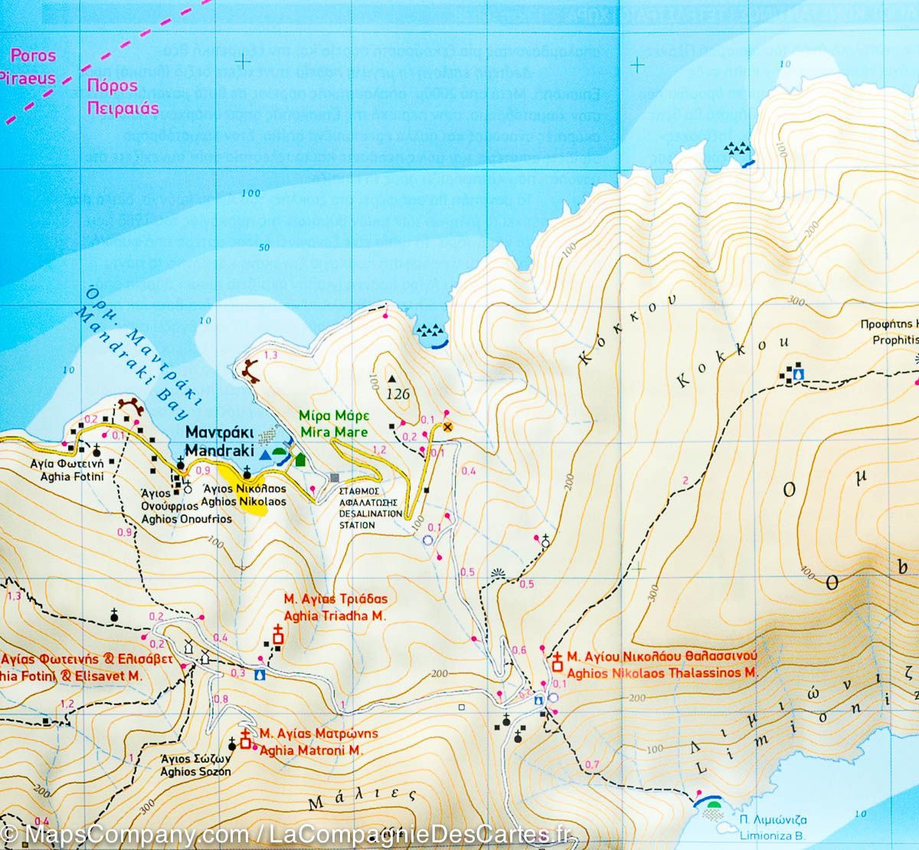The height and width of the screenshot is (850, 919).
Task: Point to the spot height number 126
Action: point(398,395)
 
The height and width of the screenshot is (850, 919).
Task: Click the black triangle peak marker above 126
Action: point(393,379)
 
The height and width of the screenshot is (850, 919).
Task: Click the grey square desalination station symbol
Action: point(334,478)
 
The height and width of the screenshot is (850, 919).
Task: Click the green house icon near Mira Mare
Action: point(300,459)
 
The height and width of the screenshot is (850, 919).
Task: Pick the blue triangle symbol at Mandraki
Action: point(264,455)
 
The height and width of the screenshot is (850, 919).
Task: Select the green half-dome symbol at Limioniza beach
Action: point(715,804)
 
